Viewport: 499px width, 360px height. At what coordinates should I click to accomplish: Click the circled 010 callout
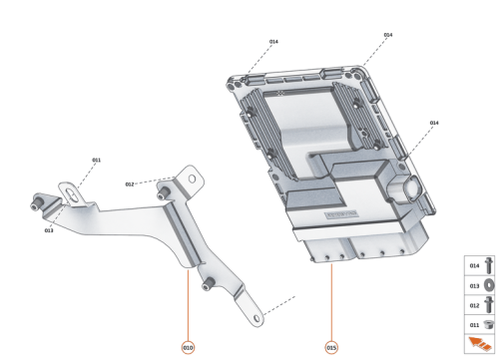click(x=188, y=346)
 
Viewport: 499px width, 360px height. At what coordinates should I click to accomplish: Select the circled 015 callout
click(x=330, y=346)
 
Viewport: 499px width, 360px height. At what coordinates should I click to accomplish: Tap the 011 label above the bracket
click(x=96, y=160)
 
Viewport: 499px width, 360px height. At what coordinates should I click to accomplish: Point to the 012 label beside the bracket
click(x=130, y=184)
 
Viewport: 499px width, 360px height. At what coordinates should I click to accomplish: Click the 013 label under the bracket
click(x=48, y=230)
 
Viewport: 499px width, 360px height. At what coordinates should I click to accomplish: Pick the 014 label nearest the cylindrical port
click(x=434, y=122)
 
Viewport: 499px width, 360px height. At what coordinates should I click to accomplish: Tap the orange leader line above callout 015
click(x=330, y=299)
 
